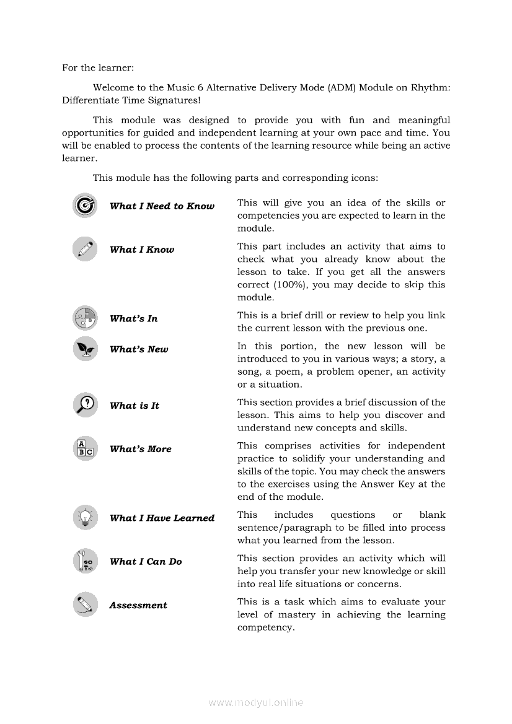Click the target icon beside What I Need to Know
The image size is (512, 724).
85,206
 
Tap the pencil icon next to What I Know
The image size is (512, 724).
85,249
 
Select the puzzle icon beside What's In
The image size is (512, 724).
85,318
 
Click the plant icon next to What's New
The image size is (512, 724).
85,349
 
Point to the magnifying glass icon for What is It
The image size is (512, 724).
85,405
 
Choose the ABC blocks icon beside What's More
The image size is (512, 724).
85,448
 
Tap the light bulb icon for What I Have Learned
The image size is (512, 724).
85,517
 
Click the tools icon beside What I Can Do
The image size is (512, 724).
85,561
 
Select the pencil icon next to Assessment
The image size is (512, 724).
85,604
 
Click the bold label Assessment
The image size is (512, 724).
138,605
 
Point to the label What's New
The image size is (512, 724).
139,349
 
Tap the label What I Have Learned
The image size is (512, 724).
162,518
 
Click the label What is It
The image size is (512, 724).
135,406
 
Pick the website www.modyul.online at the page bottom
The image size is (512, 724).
256,702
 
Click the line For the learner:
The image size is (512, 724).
98,68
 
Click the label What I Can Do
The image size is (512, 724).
146,562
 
